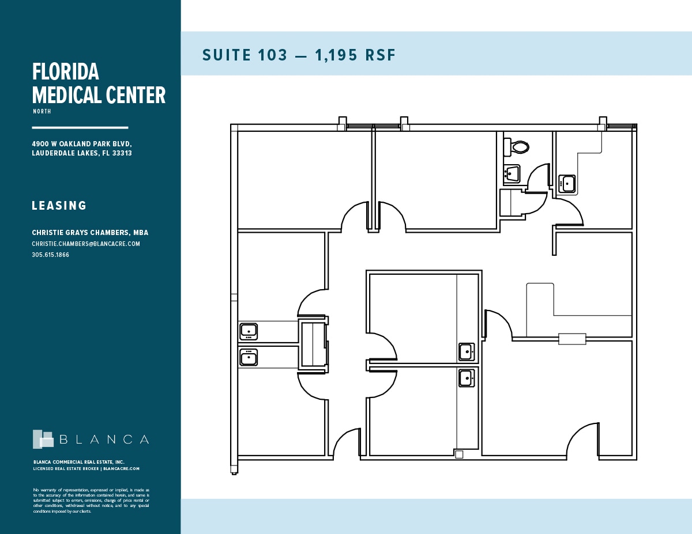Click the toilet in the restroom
tap(520, 147)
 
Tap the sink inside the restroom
tap(512, 173)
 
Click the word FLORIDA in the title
tap(66, 72)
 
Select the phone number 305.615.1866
tap(51, 255)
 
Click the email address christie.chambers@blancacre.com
tap(86, 244)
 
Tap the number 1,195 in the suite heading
tap(334, 55)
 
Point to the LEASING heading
tap(59, 206)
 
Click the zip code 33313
tap(122, 153)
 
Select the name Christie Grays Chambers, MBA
tap(90, 233)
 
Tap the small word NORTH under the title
tap(42, 111)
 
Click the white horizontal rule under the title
tap(80, 127)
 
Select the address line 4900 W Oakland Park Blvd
tap(82, 143)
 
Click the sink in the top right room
tap(568, 184)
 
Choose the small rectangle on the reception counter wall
tap(572, 339)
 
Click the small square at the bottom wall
tap(459, 455)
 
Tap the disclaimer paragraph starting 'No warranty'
tap(91, 500)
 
